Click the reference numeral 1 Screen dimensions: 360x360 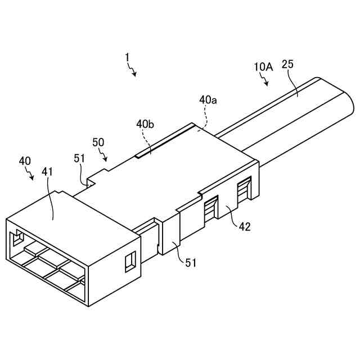(x=128, y=57)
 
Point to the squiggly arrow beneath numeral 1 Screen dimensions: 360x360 (x=134, y=70)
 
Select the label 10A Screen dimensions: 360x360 (x=263, y=67)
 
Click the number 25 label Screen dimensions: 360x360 (x=287, y=65)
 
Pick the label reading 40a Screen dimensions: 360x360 (x=208, y=100)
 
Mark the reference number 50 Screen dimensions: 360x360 (x=98, y=142)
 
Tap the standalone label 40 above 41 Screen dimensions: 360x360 (x=25, y=161)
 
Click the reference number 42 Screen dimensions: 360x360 (x=244, y=227)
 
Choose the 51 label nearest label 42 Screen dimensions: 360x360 (x=191, y=262)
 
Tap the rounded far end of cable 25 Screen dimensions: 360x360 (x=349, y=101)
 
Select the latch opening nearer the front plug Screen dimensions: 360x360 (x=209, y=209)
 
